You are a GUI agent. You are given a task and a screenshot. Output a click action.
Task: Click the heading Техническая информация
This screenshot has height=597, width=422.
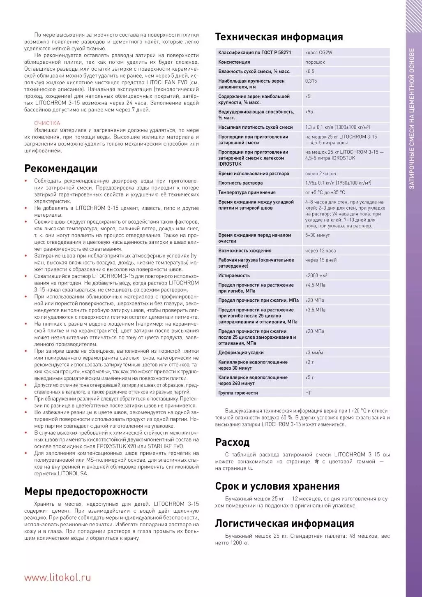pos(279,37)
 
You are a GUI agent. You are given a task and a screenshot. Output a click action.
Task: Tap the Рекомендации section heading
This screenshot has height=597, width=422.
pos(61,169)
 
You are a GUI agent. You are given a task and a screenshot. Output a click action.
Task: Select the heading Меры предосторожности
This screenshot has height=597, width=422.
pos(86,492)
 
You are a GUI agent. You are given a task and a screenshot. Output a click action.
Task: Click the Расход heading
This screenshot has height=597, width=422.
pos(232,442)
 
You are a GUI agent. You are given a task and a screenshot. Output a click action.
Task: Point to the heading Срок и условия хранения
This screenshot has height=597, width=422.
pos(277,486)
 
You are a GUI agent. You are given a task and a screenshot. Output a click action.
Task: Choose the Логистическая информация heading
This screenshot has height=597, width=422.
pos(284,523)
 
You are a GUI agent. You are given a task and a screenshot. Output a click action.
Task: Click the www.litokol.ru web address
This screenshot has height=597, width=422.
pos(58,577)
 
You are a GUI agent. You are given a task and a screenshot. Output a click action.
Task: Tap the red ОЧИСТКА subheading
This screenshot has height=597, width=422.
pos(47,123)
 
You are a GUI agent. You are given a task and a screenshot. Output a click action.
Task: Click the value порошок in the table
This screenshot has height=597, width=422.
pos(315,62)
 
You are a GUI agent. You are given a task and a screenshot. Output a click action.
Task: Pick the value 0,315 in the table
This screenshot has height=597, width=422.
pos(311,81)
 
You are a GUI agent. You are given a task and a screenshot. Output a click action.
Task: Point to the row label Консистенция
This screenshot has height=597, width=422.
pos(234,62)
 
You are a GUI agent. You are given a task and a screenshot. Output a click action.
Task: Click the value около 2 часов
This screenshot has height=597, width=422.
pos(320,174)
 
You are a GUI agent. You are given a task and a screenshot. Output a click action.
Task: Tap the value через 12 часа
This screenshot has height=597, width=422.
pos(320,250)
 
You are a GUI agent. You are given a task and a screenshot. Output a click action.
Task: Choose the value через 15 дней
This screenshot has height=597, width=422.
pos(321,260)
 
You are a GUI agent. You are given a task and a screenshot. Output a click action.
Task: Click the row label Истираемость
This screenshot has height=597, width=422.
pos(234,275)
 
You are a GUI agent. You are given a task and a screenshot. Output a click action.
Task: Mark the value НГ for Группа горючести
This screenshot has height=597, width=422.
pos(308,393)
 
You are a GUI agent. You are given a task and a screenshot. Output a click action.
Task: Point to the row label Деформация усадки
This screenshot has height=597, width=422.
pos(241,353)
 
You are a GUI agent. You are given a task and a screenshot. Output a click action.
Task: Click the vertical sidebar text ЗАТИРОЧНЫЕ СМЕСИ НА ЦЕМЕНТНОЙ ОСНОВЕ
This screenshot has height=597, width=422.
pos(412,119)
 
